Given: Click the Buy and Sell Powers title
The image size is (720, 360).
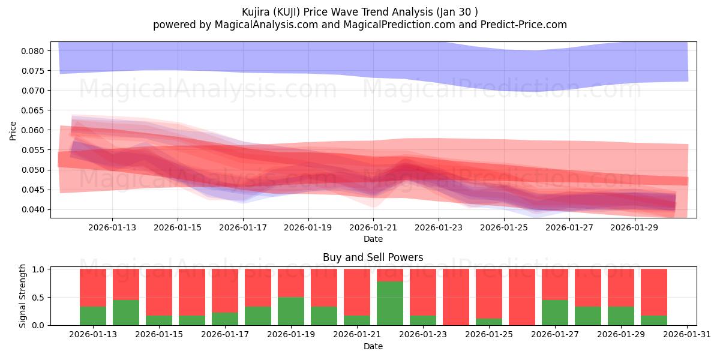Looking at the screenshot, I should (373, 257).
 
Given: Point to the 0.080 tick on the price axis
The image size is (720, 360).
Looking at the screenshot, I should (33, 51).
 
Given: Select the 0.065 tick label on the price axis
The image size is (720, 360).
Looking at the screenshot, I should (33, 110).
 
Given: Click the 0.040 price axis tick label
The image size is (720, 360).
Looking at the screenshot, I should (33, 209).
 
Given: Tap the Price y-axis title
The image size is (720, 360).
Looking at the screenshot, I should (13, 130).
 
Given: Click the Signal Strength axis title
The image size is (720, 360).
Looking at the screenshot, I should (23, 296).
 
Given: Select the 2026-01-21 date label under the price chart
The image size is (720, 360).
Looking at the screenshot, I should (374, 227).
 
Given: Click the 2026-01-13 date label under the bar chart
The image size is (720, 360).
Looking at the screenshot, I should (93, 334).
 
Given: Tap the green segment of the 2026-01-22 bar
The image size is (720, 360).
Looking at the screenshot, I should (390, 303).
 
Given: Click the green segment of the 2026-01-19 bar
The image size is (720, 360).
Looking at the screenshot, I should (291, 311).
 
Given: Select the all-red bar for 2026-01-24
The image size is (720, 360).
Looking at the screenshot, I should (456, 297).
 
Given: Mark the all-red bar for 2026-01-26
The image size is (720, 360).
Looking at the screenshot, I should (522, 297).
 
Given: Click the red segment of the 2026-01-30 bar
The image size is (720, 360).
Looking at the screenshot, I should (654, 292).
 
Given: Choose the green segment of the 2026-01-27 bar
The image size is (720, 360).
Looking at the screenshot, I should (555, 313).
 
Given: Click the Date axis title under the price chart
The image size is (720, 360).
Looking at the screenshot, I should (373, 239).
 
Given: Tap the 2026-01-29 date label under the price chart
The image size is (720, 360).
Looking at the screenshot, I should (635, 227).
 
